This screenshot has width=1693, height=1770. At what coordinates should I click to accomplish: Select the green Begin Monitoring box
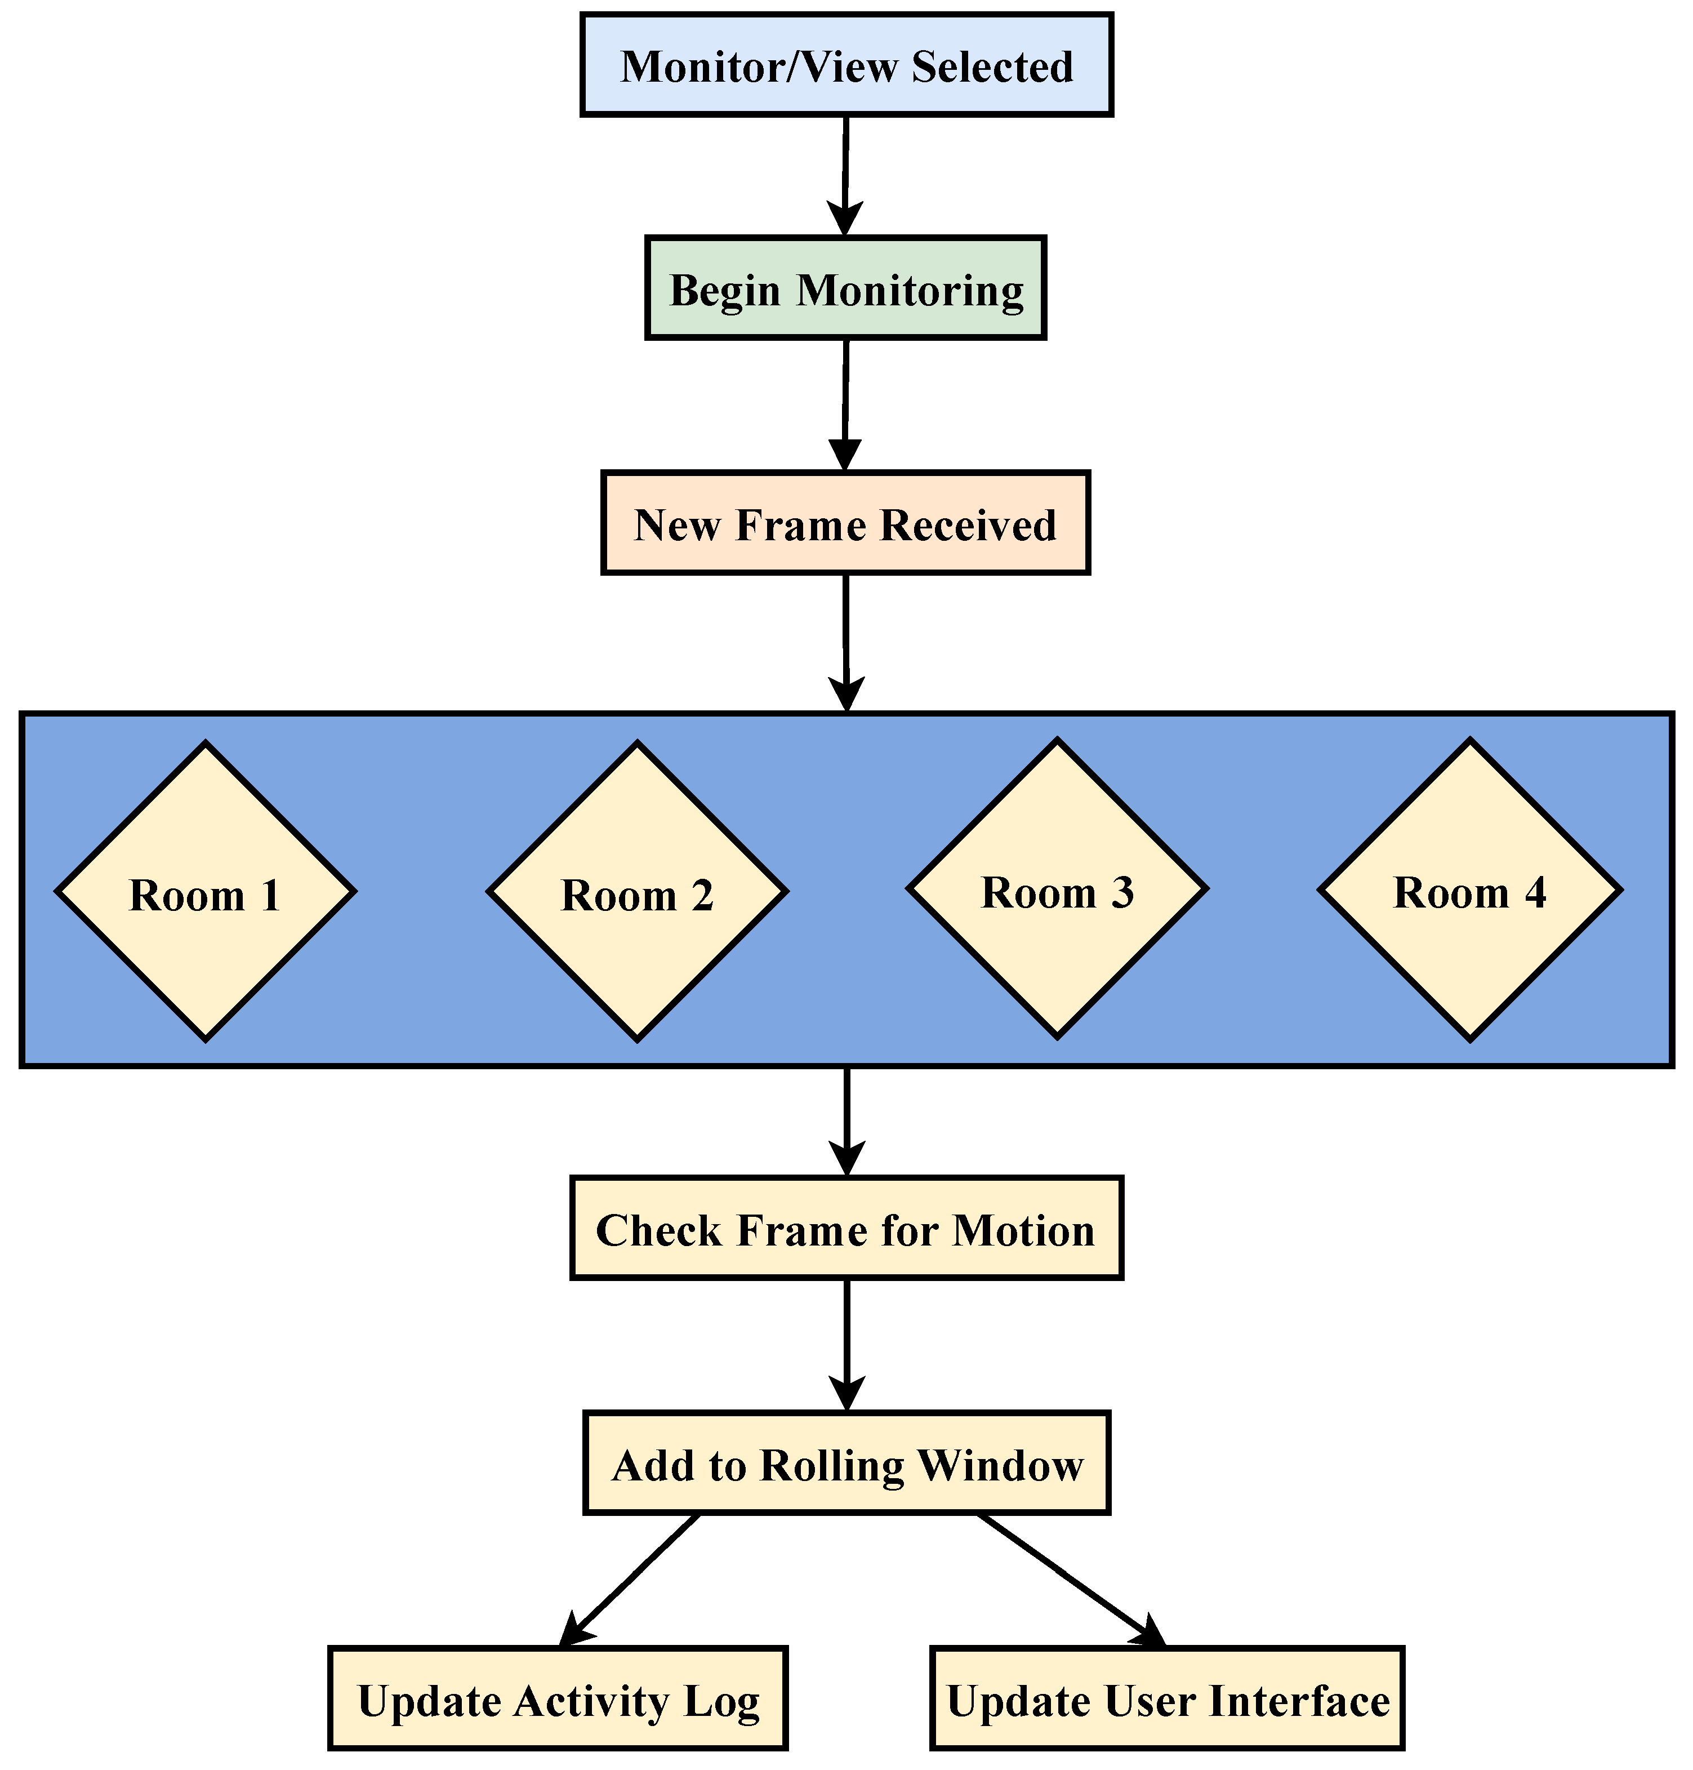[845, 289]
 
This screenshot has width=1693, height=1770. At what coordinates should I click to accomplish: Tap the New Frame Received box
[845, 523]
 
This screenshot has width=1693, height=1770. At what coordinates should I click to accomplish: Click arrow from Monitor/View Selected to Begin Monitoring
[845, 176]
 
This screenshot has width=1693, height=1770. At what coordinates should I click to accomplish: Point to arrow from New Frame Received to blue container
[845, 642]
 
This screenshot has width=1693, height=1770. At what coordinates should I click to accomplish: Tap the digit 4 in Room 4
[1534, 893]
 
